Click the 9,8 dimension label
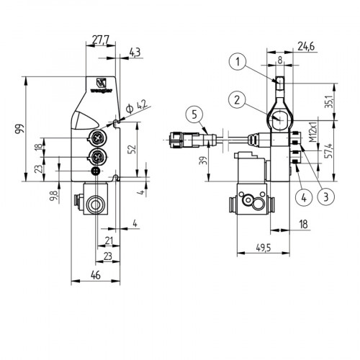tap(55, 196)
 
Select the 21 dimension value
tap(108, 239)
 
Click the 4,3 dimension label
tap(135, 51)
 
